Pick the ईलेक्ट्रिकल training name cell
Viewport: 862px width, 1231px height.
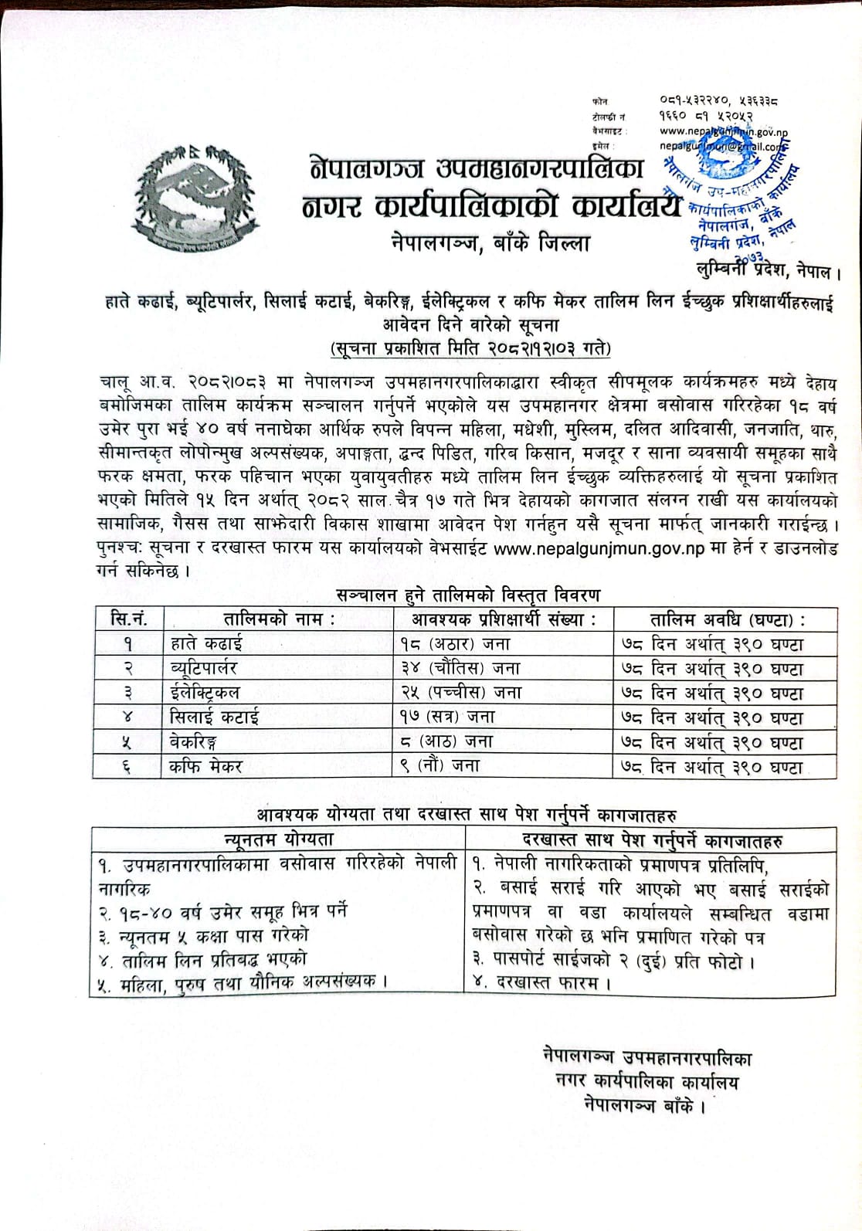coord(205,692)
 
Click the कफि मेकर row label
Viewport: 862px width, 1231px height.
coord(206,765)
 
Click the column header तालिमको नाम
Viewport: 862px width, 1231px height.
coord(279,619)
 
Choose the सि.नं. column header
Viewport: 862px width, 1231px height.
coord(128,619)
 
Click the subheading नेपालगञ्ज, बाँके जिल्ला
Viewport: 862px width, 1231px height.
coord(491,244)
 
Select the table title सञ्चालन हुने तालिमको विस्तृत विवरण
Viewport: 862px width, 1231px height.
coord(469,595)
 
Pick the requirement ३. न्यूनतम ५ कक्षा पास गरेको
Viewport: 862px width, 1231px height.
coord(203,934)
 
